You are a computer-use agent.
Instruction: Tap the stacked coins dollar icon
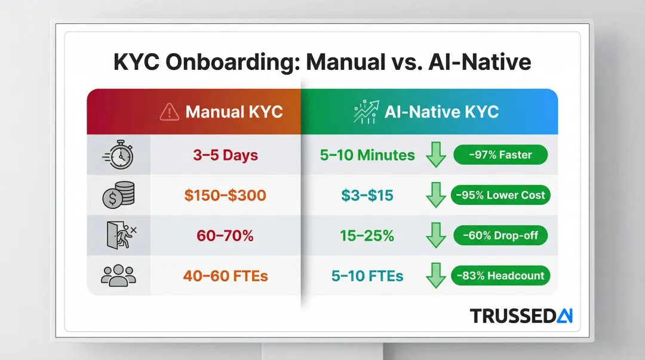click(x=119, y=195)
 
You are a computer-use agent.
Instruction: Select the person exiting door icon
click(x=119, y=235)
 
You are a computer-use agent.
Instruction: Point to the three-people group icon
click(x=119, y=275)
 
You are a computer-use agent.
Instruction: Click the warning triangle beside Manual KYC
click(x=170, y=112)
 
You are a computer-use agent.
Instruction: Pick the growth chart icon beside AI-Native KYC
click(x=366, y=112)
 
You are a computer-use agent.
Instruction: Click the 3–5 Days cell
click(x=225, y=156)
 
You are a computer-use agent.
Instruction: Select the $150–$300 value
click(x=225, y=196)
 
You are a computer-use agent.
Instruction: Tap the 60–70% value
click(x=225, y=236)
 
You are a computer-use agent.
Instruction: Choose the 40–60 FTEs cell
click(x=225, y=276)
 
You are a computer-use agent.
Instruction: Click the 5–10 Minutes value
click(x=367, y=156)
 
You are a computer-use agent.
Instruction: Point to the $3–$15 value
click(x=367, y=196)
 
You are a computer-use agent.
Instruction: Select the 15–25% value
click(x=367, y=236)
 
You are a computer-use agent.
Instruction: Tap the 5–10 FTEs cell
click(x=367, y=276)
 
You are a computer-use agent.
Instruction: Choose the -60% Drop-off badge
click(x=500, y=236)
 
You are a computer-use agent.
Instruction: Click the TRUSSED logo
click(x=521, y=316)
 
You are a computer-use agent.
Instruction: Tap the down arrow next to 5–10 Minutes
click(x=436, y=156)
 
